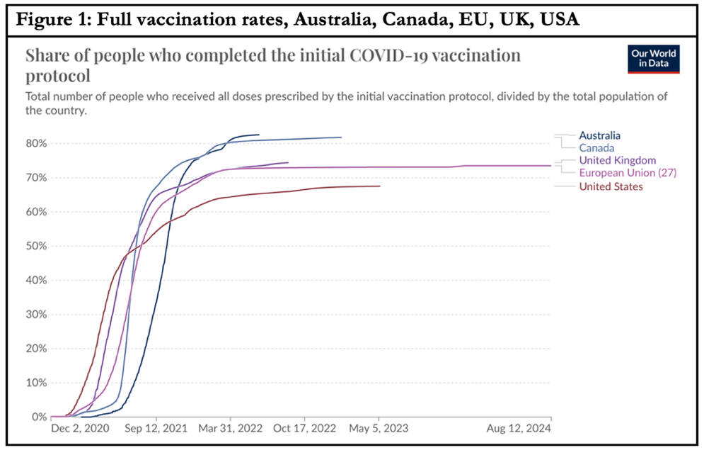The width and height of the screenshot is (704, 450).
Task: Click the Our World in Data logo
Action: tap(653, 59)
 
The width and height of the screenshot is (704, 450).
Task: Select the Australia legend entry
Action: tap(600, 135)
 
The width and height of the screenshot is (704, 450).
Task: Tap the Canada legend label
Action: tap(597, 147)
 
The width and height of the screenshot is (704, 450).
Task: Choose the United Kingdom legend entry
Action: tap(617, 160)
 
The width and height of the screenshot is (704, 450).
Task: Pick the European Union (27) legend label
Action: tap(628, 173)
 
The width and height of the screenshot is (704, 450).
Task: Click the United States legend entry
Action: tap(611, 186)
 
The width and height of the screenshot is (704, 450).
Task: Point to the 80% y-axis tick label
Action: tap(35, 143)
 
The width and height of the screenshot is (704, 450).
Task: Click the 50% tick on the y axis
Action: tap(35, 246)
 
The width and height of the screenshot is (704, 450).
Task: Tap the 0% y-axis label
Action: tap(38, 417)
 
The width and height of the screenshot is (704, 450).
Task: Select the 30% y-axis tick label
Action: tap(35, 314)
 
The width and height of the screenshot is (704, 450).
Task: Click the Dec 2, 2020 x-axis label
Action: tap(81, 429)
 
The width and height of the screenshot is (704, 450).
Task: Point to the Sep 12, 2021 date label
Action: tap(156, 429)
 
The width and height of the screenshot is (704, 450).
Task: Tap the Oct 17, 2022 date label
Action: tap(304, 429)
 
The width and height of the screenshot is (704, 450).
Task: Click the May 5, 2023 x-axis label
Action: tap(379, 429)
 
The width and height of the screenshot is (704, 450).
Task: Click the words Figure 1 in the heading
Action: tap(52, 19)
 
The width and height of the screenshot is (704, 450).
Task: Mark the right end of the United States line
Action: tap(380, 186)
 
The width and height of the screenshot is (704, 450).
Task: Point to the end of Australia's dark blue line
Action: tap(259, 135)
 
